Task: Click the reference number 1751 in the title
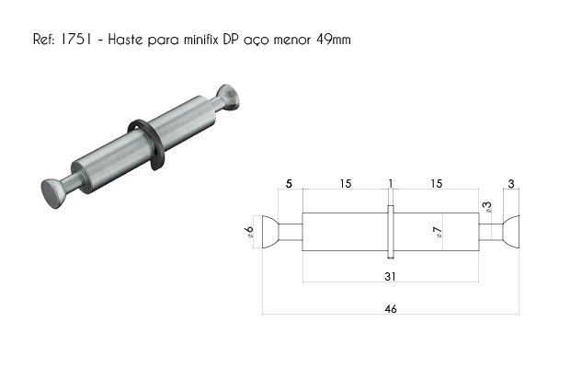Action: (x=75, y=40)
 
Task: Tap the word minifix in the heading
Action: (x=200, y=40)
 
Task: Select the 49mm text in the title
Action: (x=334, y=40)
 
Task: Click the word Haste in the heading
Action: (x=125, y=40)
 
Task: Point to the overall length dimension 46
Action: (x=391, y=309)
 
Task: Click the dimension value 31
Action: (x=390, y=277)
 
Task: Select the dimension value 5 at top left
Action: (x=289, y=184)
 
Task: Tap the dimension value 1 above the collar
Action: (x=391, y=184)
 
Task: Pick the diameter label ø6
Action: (x=249, y=232)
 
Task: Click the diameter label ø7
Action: (x=438, y=232)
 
